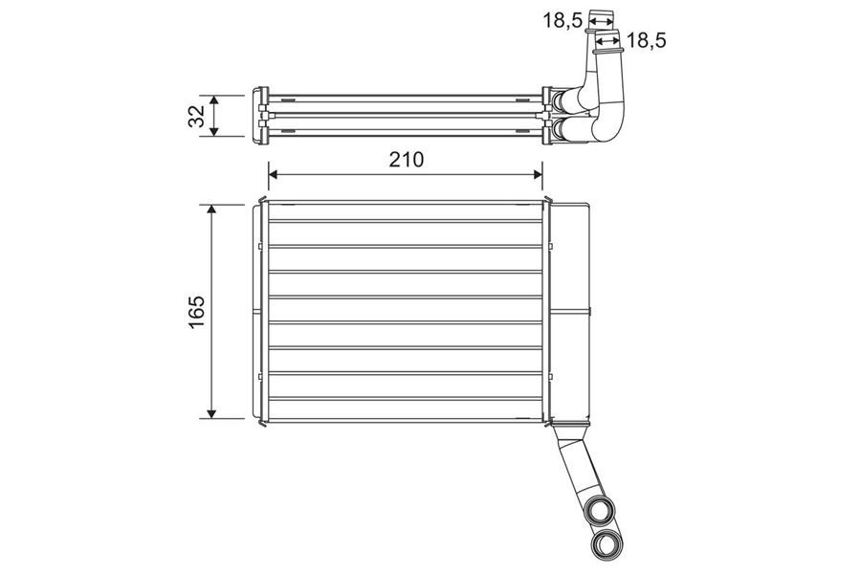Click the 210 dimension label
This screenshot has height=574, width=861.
[x=407, y=160]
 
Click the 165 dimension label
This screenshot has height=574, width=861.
[x=196, y=312]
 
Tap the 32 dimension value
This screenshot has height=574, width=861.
[x=196, y=116]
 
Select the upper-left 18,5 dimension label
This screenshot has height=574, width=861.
[x=563, y=21]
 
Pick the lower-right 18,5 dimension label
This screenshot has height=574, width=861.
[x=647, y=40]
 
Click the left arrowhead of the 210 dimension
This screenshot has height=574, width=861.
[x=274, y=175]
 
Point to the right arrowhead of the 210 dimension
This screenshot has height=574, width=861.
[x=538, y=175]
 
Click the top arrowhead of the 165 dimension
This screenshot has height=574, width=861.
[x=212, y=210]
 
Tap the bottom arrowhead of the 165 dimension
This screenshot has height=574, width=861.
[x=212, y=412]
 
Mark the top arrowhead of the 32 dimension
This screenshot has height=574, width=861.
[x=214, y=100]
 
